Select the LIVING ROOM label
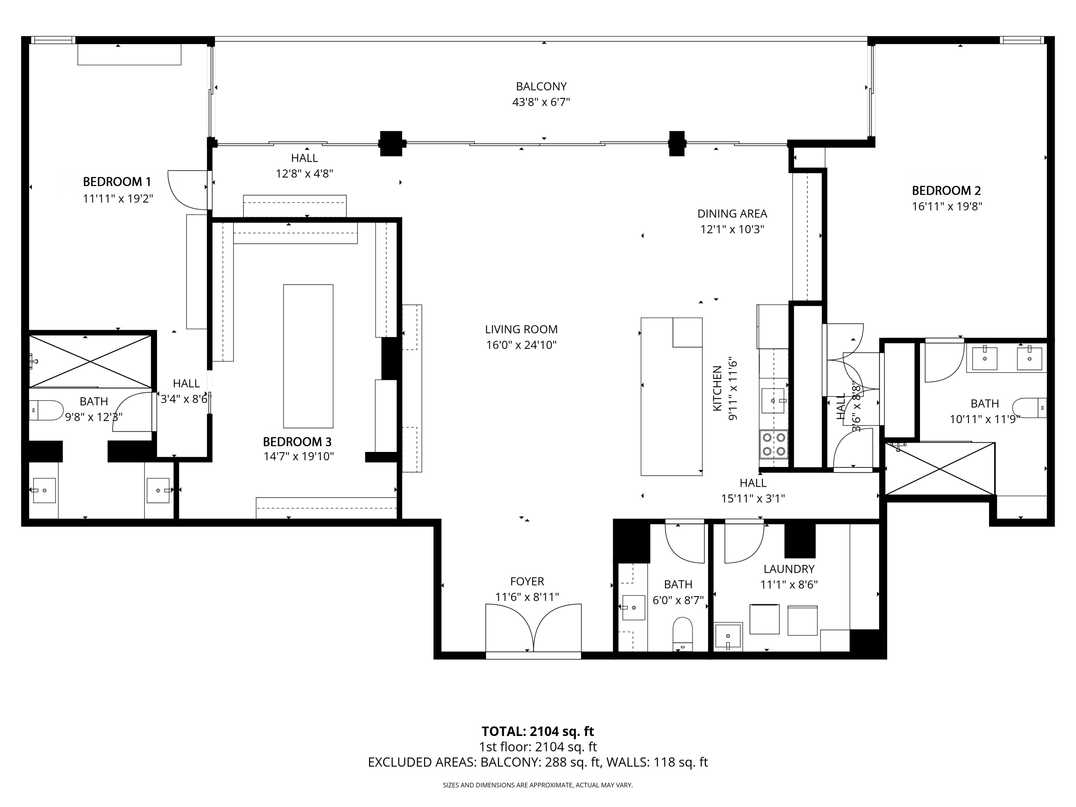521,329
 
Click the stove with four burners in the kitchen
773,444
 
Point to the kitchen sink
773,400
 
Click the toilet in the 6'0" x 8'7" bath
683,633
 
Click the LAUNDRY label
788,568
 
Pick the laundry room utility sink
728,636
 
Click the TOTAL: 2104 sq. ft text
538,731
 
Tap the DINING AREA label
732,213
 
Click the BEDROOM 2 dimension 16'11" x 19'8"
947,206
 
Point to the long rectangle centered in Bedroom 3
308,356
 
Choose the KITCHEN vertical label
717,388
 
